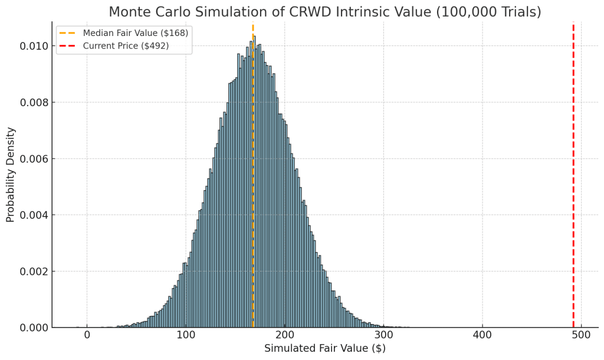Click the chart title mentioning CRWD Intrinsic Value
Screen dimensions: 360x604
click(324, 12)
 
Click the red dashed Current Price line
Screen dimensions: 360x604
click(573, 177)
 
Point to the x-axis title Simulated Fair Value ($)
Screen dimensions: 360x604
click(324, 348)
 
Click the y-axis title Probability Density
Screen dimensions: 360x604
click(11, 175)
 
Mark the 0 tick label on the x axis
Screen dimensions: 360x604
click(87, 335)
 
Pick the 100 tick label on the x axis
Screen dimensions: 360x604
click(186, 335)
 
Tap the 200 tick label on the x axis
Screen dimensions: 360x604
click(285, 335)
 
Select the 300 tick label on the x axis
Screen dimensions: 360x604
click(384, 335)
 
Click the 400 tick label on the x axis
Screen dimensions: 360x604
click(482, 335)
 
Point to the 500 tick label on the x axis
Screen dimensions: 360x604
click(582, 335)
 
